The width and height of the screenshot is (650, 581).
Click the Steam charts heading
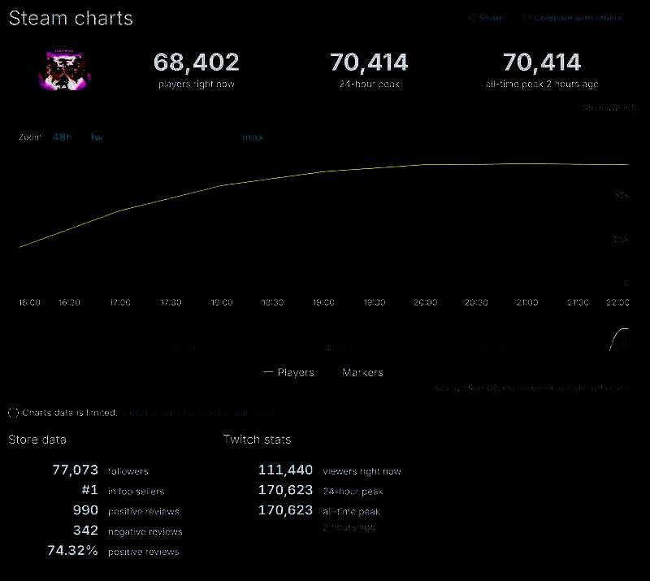tap(71, 18)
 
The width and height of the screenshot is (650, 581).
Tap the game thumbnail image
tap(64, 69)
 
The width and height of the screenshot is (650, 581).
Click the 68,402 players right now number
tap(197, 63)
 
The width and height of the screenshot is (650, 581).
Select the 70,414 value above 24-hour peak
tap(369, 63)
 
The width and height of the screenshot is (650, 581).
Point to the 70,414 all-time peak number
tap(542, 63)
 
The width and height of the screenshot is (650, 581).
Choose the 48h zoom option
tap(62, 137)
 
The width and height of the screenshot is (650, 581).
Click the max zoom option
tap(253, 137)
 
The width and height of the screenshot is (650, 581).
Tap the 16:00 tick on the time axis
tap(29, 302)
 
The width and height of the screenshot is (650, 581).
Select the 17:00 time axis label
tap(120, 302)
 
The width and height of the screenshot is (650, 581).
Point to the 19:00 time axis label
tap(323, 302)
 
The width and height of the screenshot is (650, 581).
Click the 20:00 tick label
tap(426, 302)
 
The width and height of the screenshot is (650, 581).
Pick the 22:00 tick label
tap(618, 302)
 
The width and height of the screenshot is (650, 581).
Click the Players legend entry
tap(289, 373)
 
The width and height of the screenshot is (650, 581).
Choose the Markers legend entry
tap(362, 373)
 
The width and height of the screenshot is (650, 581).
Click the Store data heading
tap(37, 440)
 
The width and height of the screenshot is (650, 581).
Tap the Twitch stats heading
tap(257, 440)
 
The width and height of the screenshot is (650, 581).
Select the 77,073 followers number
tap(75, 470)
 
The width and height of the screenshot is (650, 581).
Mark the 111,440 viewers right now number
tap(285, 470)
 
